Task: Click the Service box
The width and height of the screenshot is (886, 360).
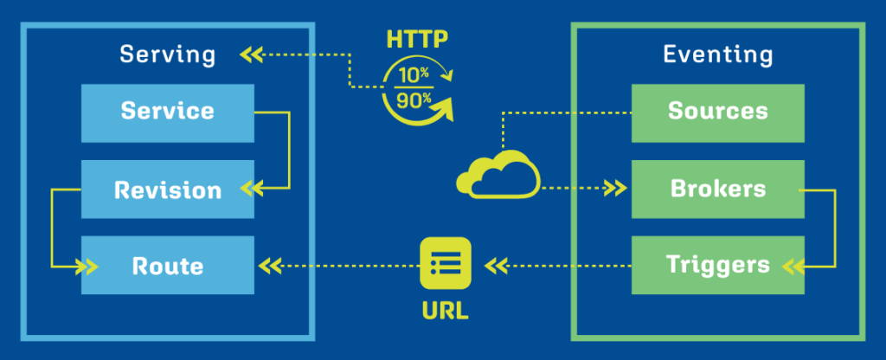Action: coord(168,112)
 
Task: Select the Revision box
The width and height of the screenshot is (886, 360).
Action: coord(168,189)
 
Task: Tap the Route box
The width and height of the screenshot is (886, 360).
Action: coord(168,265)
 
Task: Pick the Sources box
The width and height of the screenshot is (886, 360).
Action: coord(718,112)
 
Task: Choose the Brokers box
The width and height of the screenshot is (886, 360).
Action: coord(718,189)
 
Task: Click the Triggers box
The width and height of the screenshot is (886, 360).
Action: coord(718,265)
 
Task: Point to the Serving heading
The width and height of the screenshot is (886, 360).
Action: coord(168,55)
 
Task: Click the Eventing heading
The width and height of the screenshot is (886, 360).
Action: coord(718,55)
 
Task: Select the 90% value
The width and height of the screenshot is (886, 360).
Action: coord(414,99)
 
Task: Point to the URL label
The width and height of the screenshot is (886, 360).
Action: coord(446,309)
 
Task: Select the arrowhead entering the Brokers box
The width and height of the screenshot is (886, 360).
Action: coord(616,187)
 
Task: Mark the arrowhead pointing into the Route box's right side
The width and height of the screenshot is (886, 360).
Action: coord(269,264)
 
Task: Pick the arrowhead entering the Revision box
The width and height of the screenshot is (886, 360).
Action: coord(251,187)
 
